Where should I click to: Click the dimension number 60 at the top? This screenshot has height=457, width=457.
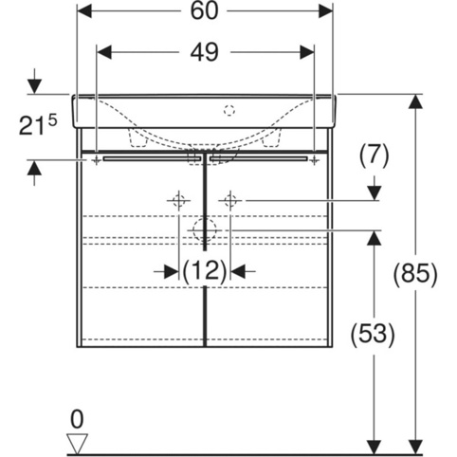pos(204,11)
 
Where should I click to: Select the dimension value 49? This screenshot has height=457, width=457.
pos(204,52)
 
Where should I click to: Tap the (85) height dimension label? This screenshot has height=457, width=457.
pos(415,273)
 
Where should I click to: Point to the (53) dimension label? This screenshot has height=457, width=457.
pos(373,334)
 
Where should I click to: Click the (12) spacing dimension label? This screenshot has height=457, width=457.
pos(205,271)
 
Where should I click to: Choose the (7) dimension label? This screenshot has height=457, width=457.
pos(375,155)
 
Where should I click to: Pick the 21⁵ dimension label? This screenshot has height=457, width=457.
pos(38,125)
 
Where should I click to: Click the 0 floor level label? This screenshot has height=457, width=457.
pos(77,419)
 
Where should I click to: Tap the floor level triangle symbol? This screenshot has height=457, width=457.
pos(78,444)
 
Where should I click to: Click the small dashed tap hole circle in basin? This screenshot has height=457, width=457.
pos(229,110)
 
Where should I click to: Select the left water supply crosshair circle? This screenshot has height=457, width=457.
pos(178,200)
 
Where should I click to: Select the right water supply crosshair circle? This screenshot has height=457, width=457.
pos(230,200)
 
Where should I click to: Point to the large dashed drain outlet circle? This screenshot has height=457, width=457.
pos(205,230)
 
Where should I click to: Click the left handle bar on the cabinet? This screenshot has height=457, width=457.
pos(152,158)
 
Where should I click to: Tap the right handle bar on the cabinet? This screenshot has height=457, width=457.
pos(258,158)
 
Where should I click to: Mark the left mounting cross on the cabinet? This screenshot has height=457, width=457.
pos(97,160)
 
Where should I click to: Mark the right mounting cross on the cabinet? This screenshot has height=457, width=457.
pos(314,160)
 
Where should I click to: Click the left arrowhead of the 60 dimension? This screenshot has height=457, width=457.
pos(84,11)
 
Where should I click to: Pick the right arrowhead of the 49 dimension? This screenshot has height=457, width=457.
pos(306,52)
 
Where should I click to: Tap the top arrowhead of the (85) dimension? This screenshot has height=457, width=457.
pos(415,101)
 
